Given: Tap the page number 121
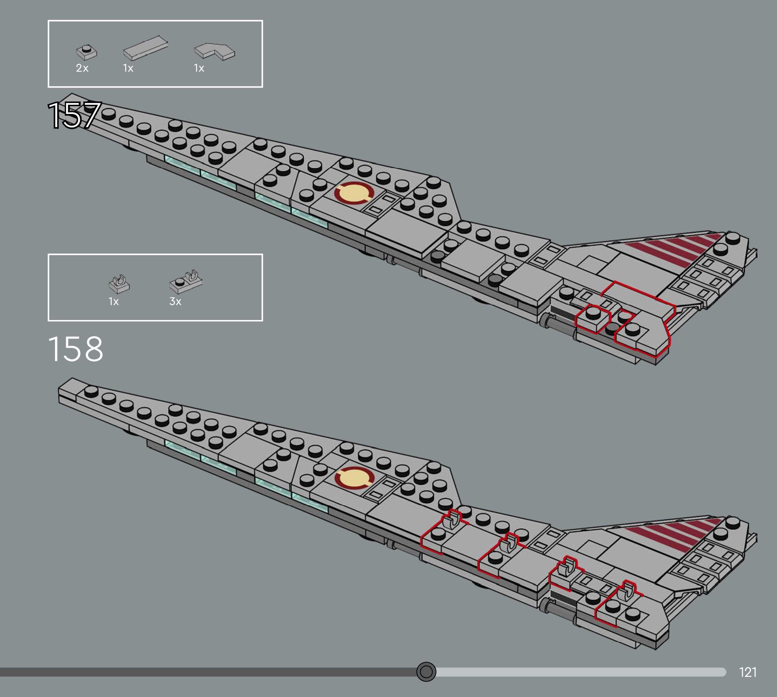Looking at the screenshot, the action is [748, 672].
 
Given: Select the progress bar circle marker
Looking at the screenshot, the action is [426, 671].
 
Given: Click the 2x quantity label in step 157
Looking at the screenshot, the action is [82, 68].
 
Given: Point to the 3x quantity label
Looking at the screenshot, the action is [175, 301].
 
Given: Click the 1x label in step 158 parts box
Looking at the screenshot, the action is [113, 301].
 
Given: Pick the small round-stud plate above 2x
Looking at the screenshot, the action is [87, 52].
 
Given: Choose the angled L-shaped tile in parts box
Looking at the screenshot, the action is [215, 51].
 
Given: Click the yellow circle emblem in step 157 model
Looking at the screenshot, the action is [354, 192].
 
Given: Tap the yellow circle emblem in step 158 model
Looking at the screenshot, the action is [354, 478].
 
